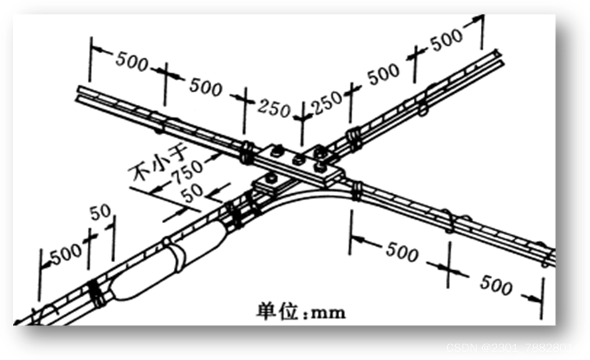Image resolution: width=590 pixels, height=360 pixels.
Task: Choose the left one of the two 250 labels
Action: (x=273, y=108)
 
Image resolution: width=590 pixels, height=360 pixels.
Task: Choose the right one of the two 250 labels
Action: (x=327, y=102)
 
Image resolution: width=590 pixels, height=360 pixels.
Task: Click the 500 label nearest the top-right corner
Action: (x=447, y=39)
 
